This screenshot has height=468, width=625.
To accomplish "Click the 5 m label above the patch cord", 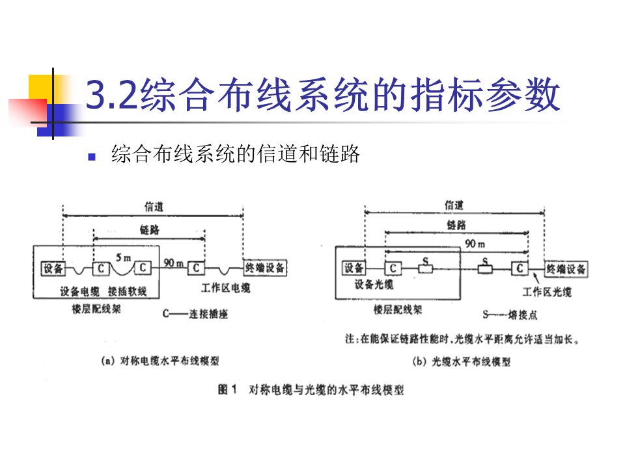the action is pos(122,257).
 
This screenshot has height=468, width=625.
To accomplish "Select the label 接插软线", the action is pos(128,291).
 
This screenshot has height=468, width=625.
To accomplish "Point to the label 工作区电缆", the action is pos(225,287).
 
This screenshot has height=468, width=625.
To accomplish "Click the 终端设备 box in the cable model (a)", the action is pos(265,268).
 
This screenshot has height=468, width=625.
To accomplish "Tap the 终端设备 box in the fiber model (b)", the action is pos(566,268).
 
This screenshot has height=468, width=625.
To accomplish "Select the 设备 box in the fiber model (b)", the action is pos(354,268).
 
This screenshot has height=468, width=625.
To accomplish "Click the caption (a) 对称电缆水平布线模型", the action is pos(159,361).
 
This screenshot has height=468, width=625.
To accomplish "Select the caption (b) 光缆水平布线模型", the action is pos(462,361).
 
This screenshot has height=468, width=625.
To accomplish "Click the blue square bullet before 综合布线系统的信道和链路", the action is pos(92,157).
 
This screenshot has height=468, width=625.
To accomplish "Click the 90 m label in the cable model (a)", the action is pos(173,263).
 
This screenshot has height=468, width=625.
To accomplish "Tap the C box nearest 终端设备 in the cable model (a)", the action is pos(196,268).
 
